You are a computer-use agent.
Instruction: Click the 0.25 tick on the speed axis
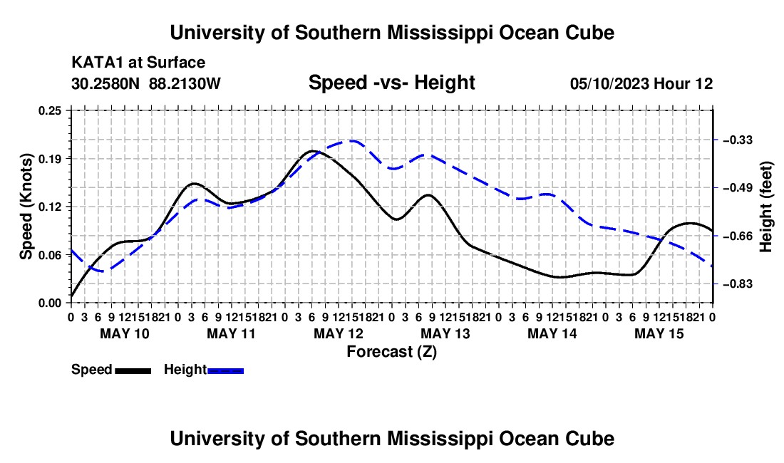50,110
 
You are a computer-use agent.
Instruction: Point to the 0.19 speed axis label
50,159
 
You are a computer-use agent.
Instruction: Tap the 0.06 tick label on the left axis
50,255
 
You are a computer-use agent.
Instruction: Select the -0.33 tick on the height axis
738,140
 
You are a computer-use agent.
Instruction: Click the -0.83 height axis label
738,284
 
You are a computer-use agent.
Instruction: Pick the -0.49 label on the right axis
738,188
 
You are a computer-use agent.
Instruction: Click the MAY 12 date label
339,333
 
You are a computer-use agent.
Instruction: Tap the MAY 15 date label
659,333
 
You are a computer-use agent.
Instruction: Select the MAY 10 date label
125,333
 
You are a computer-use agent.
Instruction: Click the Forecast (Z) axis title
392,352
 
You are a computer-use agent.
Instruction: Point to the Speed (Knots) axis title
26,207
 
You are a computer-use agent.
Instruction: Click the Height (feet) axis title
765,207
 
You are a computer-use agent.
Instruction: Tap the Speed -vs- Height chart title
391,83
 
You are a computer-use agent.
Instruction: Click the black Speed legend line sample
133,371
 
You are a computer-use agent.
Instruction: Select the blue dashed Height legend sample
225,371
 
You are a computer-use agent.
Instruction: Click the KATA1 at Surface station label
138,63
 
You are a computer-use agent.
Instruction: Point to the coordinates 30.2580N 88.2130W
146,83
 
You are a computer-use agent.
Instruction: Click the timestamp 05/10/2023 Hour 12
641,83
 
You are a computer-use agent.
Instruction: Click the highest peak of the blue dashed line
353,141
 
